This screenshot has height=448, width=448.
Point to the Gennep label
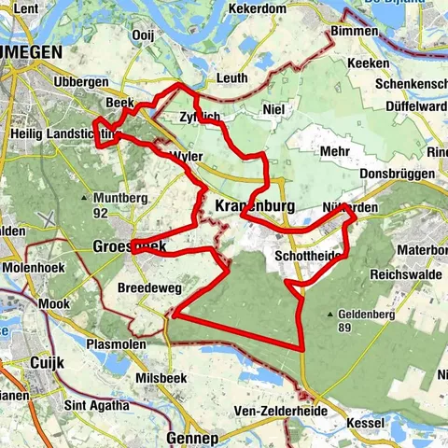[190, 437]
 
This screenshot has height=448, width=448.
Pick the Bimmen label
[357, 32]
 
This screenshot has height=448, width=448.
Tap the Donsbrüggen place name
[393, 175]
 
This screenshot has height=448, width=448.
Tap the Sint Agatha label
[92, 406]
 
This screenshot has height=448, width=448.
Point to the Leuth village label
[231, 78]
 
